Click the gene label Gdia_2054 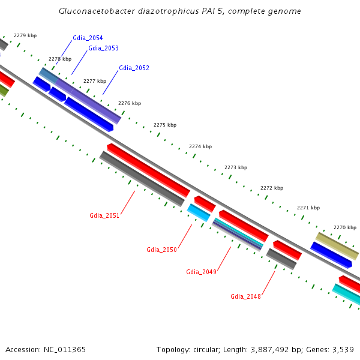88,38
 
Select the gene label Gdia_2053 103,48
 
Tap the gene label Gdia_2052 134,68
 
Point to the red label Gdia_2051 104,215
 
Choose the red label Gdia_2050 161,250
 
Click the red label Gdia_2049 201,272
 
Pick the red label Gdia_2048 245,296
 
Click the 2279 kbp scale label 25,35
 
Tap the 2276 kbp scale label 130,103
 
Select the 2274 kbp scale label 200,146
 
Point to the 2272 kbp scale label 271,188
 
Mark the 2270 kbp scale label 344,227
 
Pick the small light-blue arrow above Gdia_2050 199,212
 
